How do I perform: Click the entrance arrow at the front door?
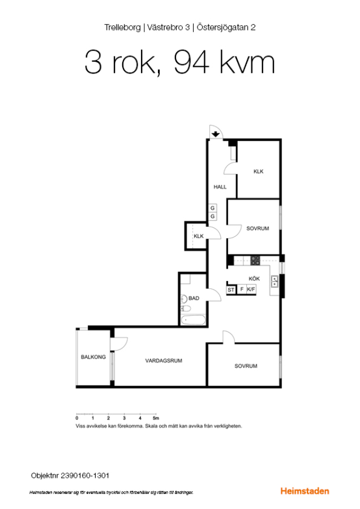pyautogui.click(x=216, y=133)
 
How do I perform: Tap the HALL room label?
pyautogui.click(x=220, y=187)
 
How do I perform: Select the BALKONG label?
pyautogui.click(x=93, y=357)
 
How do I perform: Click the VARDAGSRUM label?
pyautogui.click(x=164, y=361)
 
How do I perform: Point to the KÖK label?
pyautogui.click(x=254, y=278)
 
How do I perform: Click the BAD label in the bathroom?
pyautogui.click(x=194, y=298)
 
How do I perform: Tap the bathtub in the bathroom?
pyautogui.click(x=194, y=320)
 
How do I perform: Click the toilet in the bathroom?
pyautogui.click(x=186, y=308)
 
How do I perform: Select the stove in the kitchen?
pyautogui.click(x=255, y=260)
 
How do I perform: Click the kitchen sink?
pyautogui.click(x=275, y=282)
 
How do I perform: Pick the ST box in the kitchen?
pyautogui.click(x=231, y=290)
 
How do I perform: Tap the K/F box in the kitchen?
pyautogui.click(x=251, y=289)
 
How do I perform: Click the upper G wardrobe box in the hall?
pyautogui.click(x=212, y=208)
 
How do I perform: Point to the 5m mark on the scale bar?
pyautogui.click(x=156, y=418)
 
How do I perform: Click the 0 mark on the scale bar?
pyautogui.click(x=77, y=418)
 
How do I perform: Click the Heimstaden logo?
pyautogui.click(x=305, y=491)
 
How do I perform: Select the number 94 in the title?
pyautogui.click(x=191, y=62)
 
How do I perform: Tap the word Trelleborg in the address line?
pyautogui.click(x=122, y=28)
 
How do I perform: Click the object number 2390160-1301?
pyautogui.click(x=85, y=476)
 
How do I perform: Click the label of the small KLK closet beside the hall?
pyautogui.click(x=199, y=236)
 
